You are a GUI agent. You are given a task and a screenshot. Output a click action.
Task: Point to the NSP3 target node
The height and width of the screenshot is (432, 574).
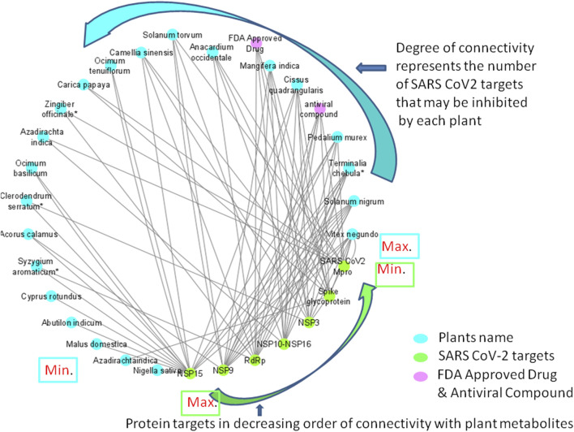coord(308,322)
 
